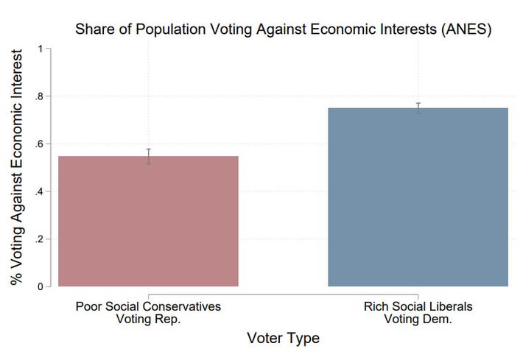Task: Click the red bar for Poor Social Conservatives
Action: pyautogui.click(x=148, y=221)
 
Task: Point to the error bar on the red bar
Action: pyautogui.click(x=148, y=156)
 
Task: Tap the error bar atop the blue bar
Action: pyautogui.click(x=418, y=108)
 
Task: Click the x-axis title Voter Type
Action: pyautogui.click(x=284, y=339)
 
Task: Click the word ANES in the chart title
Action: pyautogui.click(x=466, y=30)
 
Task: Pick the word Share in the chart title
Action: pyautogui.click(x=90, y=30)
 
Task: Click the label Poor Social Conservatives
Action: pyautogui.click(x=148, y=306)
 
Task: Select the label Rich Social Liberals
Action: pyautogui.click(x=418, y=306)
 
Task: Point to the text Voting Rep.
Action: pyautogui.click(x=148, y=319)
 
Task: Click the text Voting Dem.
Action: pyautogui.click(x=418, y=319)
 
